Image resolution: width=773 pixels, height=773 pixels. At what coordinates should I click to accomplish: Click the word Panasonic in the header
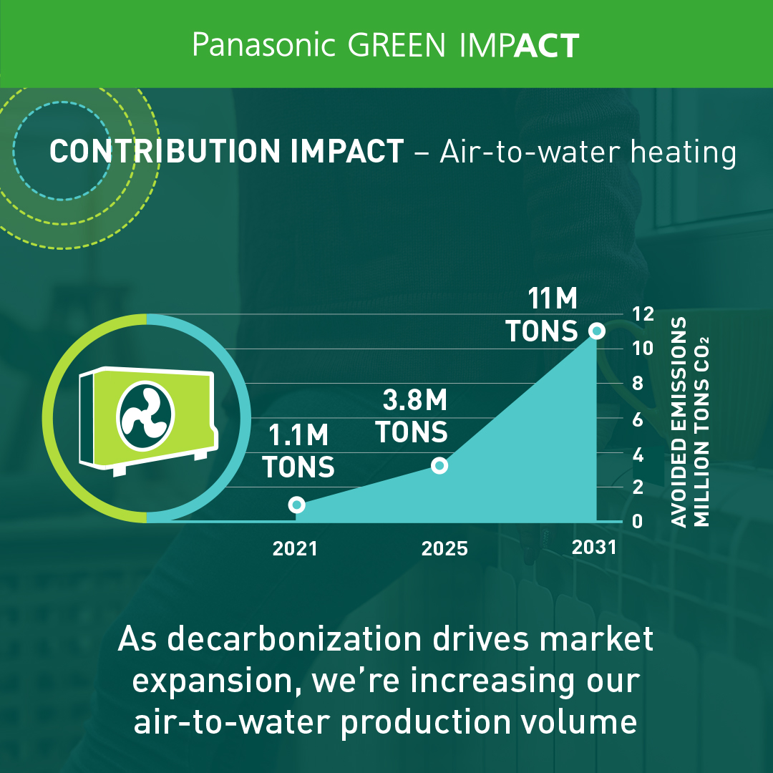pos(263,45)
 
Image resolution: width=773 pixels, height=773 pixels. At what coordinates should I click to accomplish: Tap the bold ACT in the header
pos(546,46)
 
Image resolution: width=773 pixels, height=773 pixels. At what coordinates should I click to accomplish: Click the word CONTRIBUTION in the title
pos(165,151)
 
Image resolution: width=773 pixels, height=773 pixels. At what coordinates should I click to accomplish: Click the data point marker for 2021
pos(296,505)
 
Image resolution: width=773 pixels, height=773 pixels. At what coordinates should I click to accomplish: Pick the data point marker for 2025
pos(439,465)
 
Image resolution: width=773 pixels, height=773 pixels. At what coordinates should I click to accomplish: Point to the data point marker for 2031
pos(596,331)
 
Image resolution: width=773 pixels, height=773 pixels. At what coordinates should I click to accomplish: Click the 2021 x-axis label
pos(295,549)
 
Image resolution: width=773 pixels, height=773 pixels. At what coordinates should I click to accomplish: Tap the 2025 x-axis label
pos(444,549)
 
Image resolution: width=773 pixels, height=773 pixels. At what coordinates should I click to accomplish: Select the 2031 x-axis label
pos(594,548)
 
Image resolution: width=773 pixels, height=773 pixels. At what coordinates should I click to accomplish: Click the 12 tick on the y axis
pos(643,314)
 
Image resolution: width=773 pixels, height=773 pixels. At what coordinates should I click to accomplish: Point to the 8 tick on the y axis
pos(638,383)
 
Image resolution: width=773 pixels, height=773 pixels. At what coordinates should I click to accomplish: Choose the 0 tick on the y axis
pos(638,521)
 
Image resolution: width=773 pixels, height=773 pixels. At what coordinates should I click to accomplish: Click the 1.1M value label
pos(298,435)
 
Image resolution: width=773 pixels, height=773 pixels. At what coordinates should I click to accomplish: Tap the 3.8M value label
pos(414,400)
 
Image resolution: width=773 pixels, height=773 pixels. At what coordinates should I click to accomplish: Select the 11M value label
pos(552,298)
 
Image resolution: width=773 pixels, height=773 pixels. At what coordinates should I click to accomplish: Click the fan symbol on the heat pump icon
pos(145,416)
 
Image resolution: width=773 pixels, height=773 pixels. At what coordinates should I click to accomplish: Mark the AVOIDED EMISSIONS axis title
pos(679,422)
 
